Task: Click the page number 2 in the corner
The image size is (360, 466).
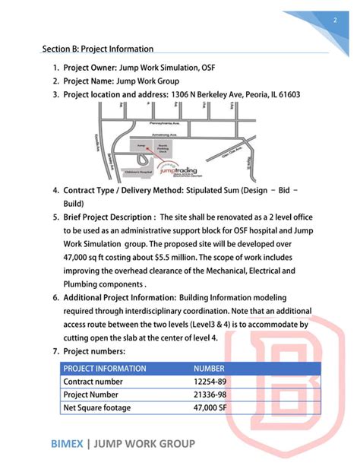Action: (x=334, y=21)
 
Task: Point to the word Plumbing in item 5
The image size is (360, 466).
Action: (x=86, y=284)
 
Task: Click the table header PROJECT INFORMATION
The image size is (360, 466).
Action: (x=105, y=369)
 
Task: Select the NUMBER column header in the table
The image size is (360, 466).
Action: (x=210, y=369)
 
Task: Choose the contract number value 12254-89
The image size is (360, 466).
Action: (x=210, y=382)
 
